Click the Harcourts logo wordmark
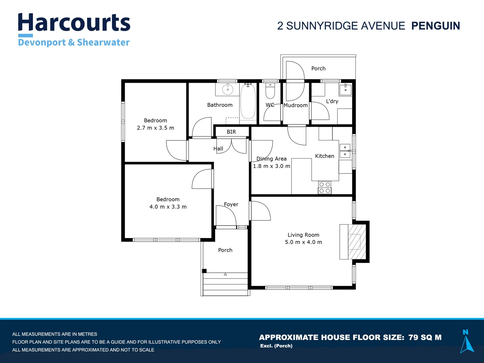coord(74,23)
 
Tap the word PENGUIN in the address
coord(436,26)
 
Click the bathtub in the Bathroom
coord(248,102)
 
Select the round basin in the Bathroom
coord(228,90)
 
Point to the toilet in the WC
coord(270,91)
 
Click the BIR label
coord(231,132)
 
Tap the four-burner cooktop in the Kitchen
coord(325,188)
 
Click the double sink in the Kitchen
coord(345,151)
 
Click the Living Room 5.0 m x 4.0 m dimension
coord(304,242)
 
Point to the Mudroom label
coord(295,105)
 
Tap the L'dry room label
coord(332,101)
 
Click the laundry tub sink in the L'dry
coord(345,89)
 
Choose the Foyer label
coord(231,204)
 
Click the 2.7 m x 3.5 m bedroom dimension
coord(155,128)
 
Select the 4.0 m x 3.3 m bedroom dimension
coord(168,207)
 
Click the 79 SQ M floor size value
coord(425,337)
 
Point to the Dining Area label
coord(272,159)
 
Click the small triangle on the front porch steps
coord(225,274)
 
